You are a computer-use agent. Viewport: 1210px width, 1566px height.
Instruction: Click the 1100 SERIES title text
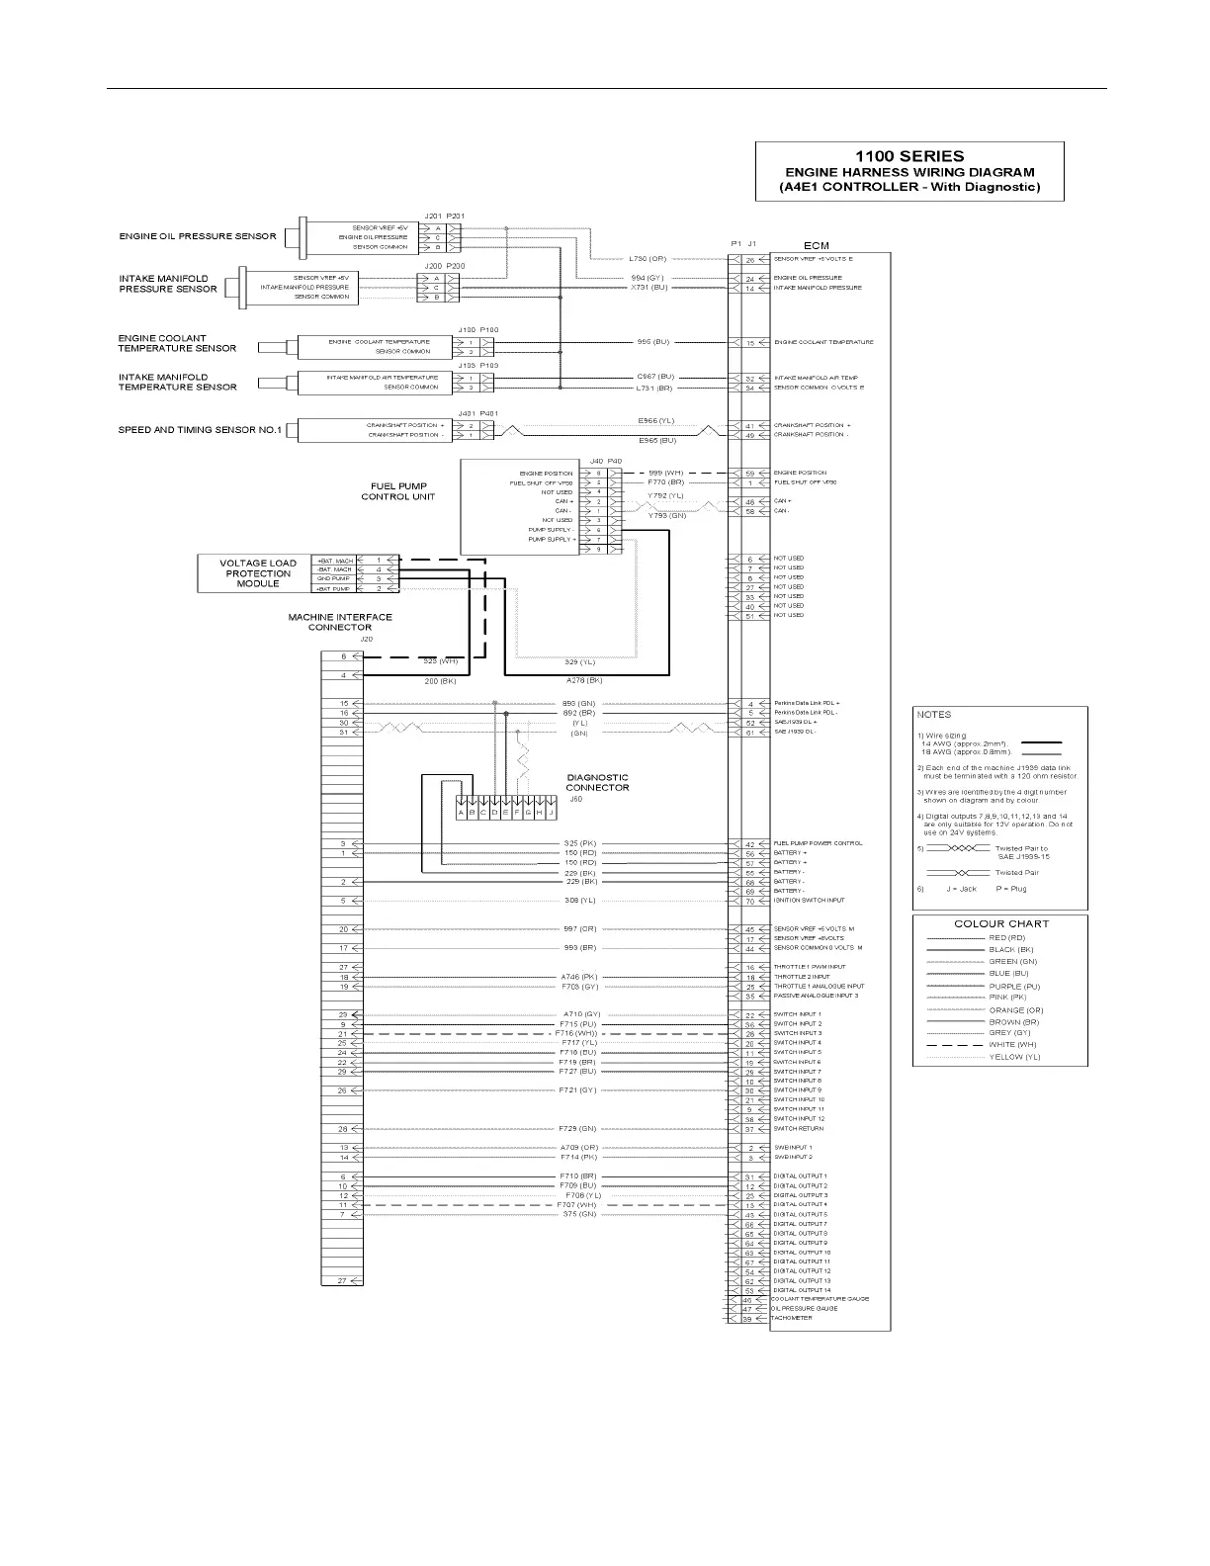[909, 156]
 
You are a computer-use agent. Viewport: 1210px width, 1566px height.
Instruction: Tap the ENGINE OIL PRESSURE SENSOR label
[198, 236]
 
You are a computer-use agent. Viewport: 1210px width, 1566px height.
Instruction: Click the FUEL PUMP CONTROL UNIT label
[397, 491]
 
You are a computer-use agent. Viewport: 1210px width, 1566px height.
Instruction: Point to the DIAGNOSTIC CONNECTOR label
[597, 783]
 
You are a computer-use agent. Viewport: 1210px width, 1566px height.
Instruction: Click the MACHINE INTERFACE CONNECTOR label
[339, 622]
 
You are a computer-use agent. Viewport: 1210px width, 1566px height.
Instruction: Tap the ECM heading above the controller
[816, 245]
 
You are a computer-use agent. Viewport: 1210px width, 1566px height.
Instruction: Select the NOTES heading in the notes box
[934, 714]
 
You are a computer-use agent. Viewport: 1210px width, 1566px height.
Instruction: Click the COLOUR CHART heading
[1000, 923]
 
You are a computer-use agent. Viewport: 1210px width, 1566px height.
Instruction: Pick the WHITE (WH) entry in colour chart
[1012, 1045]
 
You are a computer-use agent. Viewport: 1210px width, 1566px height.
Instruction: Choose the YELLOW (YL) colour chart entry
[1014, 1057]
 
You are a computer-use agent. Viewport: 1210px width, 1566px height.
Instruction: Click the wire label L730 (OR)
[648, 259]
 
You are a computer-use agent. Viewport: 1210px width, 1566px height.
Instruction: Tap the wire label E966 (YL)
[656, 420]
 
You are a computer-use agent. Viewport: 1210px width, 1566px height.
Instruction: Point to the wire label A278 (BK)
[584, 680]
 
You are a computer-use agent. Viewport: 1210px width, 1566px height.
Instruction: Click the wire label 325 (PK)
[579, 843]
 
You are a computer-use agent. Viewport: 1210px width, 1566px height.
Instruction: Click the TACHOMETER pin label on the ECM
[792, 1318]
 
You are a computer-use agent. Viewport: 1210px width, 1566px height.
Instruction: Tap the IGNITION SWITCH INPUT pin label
[809, 901]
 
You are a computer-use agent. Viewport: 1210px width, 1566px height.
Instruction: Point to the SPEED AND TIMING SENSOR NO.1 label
[200, 430]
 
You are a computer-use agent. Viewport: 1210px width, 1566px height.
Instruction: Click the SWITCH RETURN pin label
[798, 1129]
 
